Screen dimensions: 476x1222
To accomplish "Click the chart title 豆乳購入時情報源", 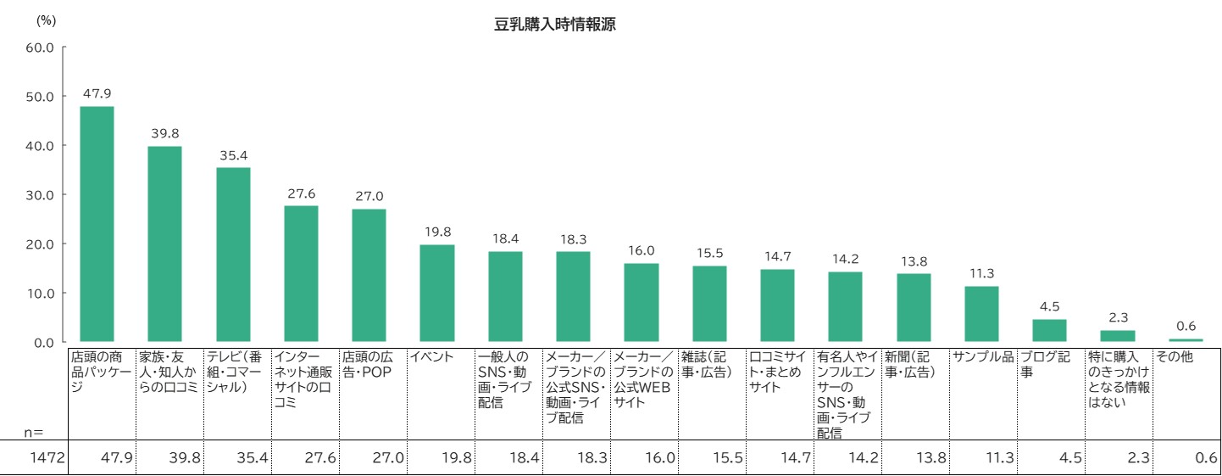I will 555,25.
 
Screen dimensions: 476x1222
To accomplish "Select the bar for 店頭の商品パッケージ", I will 97,224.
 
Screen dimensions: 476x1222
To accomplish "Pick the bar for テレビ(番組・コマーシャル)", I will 233,255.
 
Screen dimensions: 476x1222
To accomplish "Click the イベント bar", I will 437,294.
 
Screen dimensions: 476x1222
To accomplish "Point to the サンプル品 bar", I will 981,314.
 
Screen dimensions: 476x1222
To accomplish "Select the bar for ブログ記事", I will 1049,331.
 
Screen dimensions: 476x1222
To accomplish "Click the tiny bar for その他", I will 1186,340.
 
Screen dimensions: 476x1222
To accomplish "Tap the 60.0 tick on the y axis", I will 40,48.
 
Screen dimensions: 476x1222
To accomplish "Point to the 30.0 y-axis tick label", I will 40,195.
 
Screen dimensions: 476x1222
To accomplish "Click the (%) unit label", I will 46,20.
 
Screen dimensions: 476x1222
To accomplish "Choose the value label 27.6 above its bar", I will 301,193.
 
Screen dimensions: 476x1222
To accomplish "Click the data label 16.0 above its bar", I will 641,251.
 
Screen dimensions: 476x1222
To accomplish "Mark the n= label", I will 33,432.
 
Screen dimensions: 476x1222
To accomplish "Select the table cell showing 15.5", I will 728,458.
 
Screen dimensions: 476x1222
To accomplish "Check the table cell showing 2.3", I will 1136,458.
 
